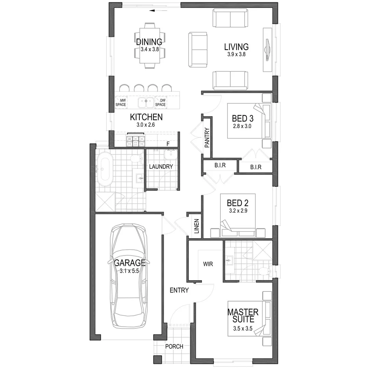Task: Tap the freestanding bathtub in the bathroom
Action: [105, 169]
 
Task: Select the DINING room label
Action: [149, 42]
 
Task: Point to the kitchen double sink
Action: [146, 102]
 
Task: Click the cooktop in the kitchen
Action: [136, 140]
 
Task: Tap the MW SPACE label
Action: [121, 102]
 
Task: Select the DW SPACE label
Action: [161, 102]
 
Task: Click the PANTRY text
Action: [207, 138]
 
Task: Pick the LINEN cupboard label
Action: [197, 226]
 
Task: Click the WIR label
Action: [208, 264]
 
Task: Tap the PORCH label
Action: [174, 346]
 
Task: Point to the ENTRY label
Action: [179, 290]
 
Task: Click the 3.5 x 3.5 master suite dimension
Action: [243, 329]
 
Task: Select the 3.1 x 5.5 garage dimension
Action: [129, 271]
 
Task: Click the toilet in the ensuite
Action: [264, 271]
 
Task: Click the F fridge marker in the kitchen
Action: [168, 144]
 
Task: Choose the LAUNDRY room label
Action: [161, 167]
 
